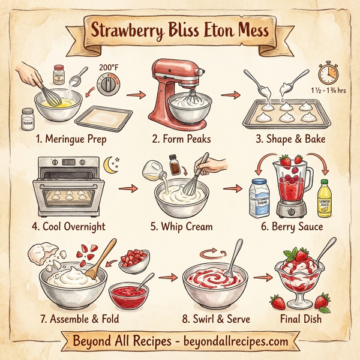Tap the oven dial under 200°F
108,86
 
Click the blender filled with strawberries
291,186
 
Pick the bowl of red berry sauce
128,294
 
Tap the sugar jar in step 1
28,119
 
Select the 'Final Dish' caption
301,319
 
